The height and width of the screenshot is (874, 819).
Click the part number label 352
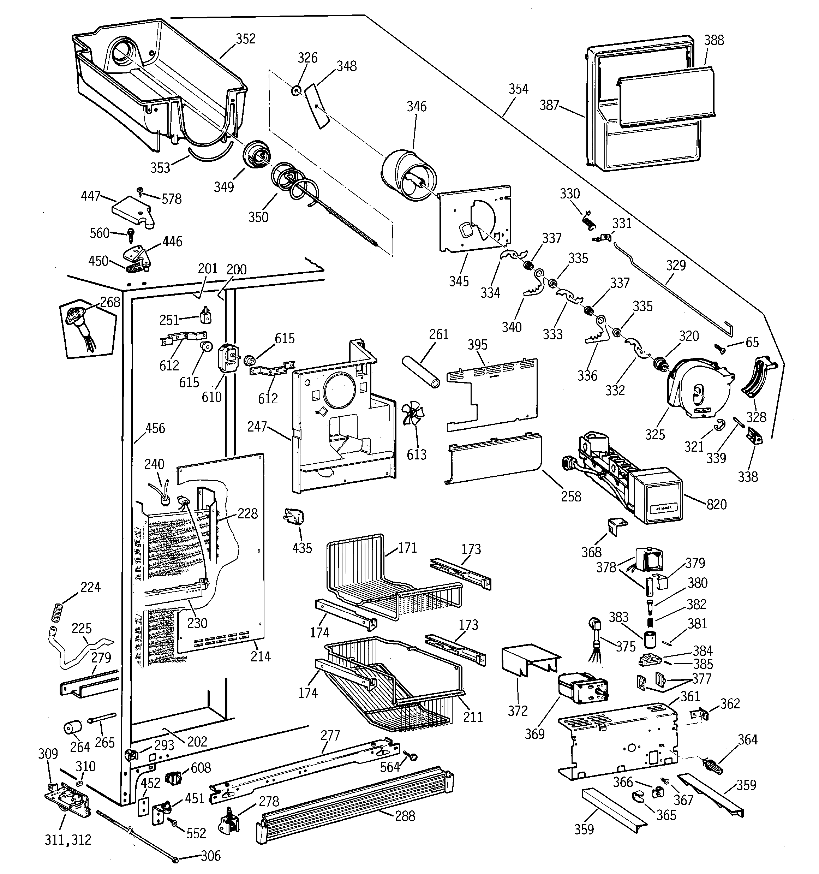(x=245, y=39)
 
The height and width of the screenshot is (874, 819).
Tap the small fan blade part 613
(x=412, y=414)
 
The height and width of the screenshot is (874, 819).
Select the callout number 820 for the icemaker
(x=717, y=504)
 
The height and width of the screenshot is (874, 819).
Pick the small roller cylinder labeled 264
(x=72, y=727)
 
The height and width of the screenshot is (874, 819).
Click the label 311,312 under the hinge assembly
(x=68, y=840)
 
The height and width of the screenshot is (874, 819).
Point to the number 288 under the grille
(x=405, y=816)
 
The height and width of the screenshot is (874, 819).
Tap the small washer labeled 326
(x=296, y=90)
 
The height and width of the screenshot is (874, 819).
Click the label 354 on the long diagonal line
(x=518, y=89)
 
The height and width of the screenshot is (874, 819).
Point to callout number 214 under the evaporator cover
(x=260, y=656)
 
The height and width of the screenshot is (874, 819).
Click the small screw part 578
(x=140, y=190)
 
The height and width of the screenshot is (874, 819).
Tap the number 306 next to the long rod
(x=211, y=856)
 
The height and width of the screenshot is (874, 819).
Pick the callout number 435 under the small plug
(x=302, y=548)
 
